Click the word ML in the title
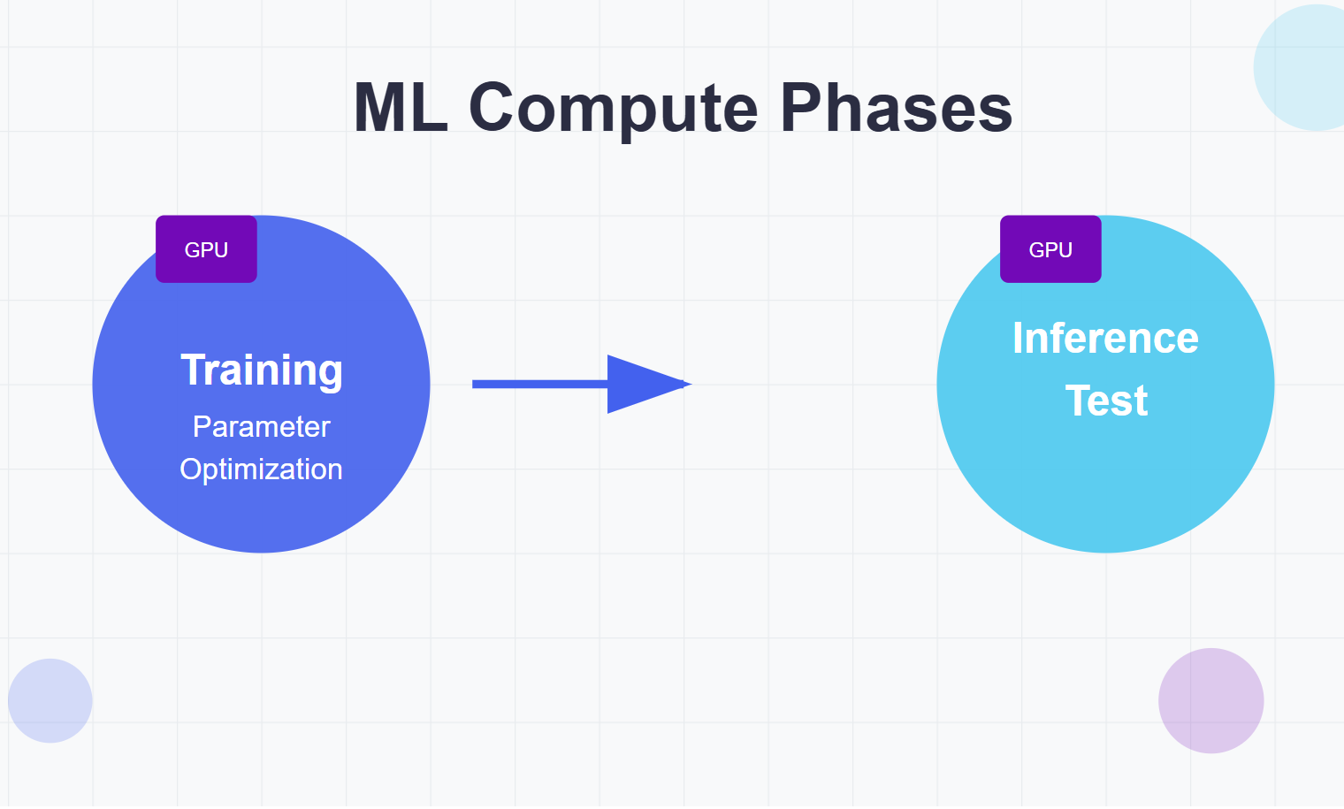coord(400,109)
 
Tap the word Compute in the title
coord(613,109)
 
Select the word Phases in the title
coord(896,109)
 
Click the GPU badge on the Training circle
coord(206,249)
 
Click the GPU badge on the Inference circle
coord(1050,249)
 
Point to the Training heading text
coord(262,370)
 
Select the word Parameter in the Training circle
coord(262,427)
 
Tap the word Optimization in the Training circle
coord(262,469)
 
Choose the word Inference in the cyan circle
coord(1105,338)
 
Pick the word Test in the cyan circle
coord(1106,401)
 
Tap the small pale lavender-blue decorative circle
coord(50,700)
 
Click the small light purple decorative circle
coord(1210,700)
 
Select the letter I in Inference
coord(1018,338)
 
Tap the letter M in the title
coord(378,109)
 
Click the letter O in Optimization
coord(191,469)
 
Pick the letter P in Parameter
coord(202,427)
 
